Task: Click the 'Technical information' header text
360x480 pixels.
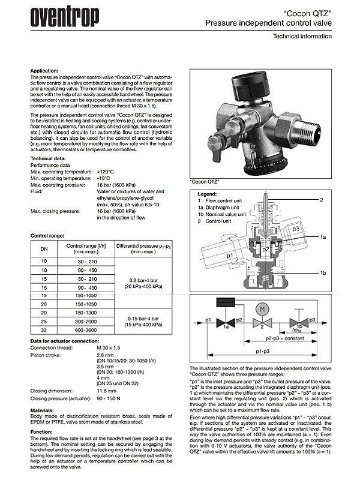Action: (302, 37)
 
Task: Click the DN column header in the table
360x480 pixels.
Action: (43, 248)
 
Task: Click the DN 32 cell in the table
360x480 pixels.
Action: (43, 329)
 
